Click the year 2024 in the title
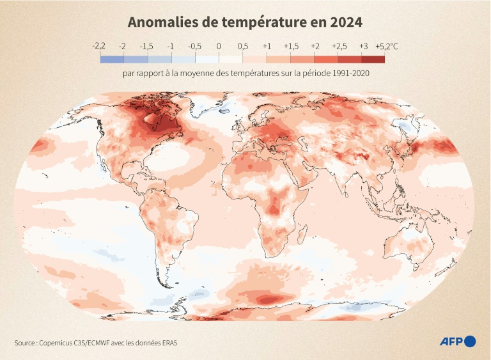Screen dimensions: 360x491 tap(345, 22)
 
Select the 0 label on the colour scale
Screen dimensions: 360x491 tap(219, 46)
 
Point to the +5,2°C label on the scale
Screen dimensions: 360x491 tap(386, 46)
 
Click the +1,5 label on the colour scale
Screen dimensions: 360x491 tap(291, 46)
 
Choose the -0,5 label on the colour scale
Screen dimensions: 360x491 tap(195, 46)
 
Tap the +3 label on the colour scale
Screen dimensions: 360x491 tap(363, 46)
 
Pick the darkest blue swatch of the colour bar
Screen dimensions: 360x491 tap(111, 59)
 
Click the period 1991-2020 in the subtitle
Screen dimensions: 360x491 tap(350, 74)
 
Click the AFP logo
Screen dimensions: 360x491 tap(458, 341)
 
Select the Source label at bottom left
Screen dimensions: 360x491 tap(25, 343)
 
